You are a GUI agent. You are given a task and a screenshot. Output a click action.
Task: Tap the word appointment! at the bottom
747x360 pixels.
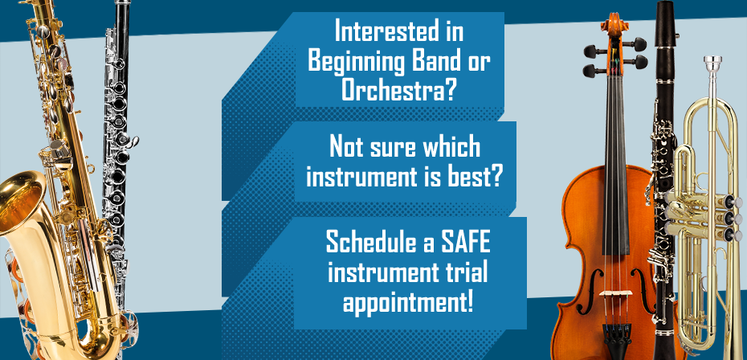pyautogui.click(x=408, y=302)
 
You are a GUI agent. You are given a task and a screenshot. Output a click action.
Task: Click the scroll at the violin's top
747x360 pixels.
pyautogui.click(x=614, y=25)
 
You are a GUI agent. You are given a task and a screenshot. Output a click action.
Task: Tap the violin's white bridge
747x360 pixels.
pyautogui.click(x=616, y=292)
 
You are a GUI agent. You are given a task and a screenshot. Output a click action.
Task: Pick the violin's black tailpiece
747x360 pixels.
pyautogui.click(x=617, y=334)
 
